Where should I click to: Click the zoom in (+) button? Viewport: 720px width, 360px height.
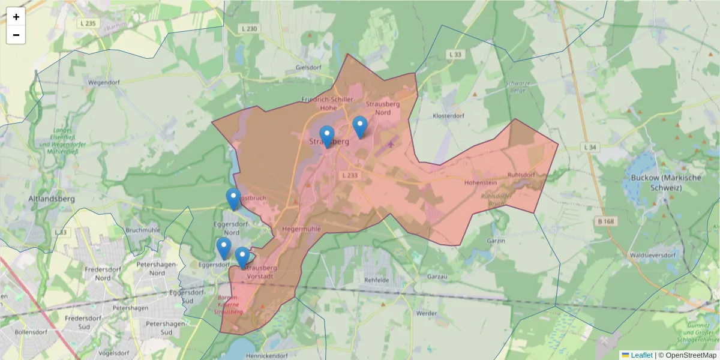(x=16, y=17)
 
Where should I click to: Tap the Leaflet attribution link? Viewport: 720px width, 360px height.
(x=641, y=355)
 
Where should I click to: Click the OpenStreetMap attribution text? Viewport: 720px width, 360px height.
(x=691, y=355)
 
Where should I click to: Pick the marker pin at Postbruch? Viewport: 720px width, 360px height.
(x=233, y=199)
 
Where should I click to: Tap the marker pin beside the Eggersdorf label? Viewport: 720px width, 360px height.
(x=224, y=248)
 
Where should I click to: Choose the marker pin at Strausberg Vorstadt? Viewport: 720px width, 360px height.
(x=242, y=257)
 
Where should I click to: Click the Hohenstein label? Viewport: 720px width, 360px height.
(x=481, y=182)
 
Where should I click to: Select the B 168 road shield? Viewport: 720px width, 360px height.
(x=606, y=221)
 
